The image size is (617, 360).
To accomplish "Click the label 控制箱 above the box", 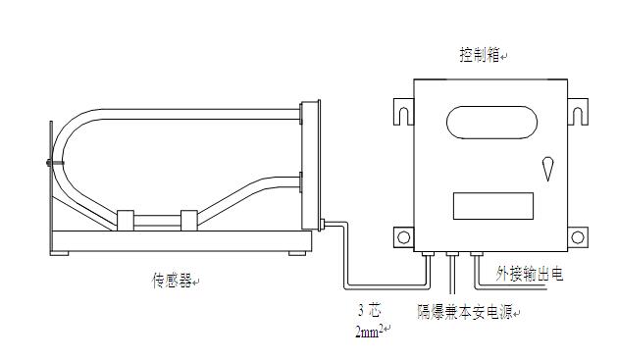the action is tap(480, 55).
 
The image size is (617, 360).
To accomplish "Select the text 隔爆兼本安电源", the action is tap(465, 312).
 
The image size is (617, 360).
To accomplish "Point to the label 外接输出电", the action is tap(530, 274).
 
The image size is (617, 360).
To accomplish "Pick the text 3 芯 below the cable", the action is tap(370, 311).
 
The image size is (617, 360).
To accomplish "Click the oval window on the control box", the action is tap(491, 123).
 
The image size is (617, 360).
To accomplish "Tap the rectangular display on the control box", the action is tap(493, 206).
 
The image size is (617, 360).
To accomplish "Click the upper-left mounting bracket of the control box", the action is tap(404, 112).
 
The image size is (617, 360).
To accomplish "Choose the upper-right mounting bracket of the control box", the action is tap(578, 112).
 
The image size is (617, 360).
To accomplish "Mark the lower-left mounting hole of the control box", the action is tap(404, 237).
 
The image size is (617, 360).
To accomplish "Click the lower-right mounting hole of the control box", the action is tap(578, 237).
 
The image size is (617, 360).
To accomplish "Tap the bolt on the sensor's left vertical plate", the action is tap(54, 163).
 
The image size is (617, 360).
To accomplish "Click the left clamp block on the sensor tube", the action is tap(126, 221).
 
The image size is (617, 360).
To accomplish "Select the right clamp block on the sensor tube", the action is tap(189, 221).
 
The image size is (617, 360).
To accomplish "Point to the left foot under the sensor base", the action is tap(60, 253).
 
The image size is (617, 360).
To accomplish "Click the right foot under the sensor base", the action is tap(297, 253).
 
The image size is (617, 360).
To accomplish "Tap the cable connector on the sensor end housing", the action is tap(323, 225).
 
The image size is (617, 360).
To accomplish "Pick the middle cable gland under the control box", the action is tap(452, 254).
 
